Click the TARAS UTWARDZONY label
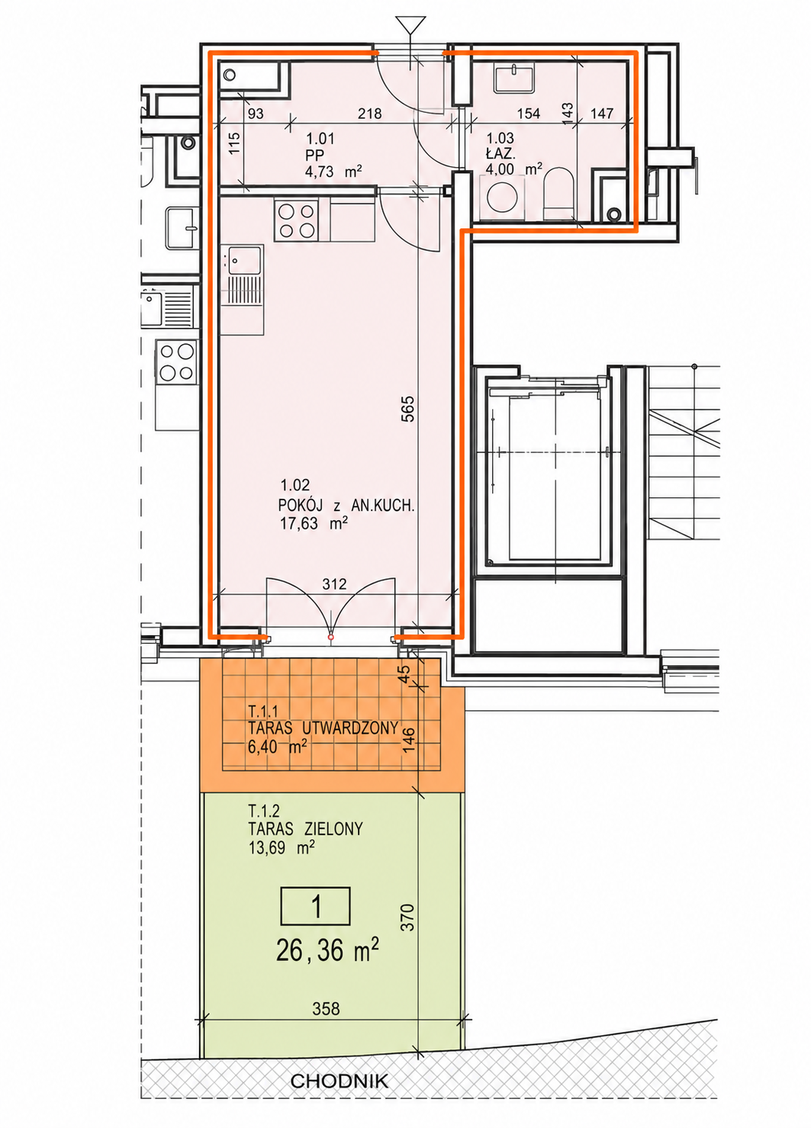pos(323,728)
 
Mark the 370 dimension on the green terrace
pos(408,917)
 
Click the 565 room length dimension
pos(408,408)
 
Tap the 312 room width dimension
pos(334,583)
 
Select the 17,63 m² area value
pos(314,524)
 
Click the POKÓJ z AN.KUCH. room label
pos(346,505)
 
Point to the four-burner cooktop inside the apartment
pos(297,220)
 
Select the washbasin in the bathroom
pos(513,79)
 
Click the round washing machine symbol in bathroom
pos(501,197)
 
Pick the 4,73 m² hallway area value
pos(333,171)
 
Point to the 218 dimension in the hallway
pos(370,114)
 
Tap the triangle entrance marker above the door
pos(410,25)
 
